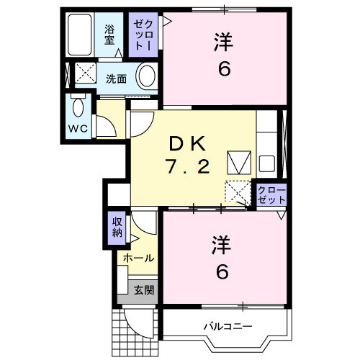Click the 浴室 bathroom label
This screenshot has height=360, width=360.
[109, 35]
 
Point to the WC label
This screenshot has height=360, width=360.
[78, 128]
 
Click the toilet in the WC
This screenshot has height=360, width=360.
[78, 108]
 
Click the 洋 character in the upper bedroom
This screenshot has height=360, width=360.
[223, 43]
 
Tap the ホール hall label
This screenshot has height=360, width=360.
[137, 257]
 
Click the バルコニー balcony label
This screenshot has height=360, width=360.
[228, 326]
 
